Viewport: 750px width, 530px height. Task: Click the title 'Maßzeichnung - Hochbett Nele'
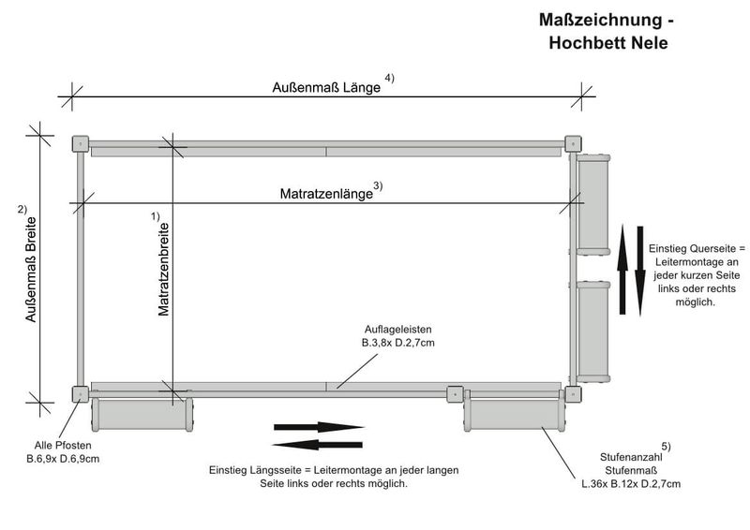[x=607, y=31]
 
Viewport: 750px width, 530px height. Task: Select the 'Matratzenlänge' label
[x=326, y=194]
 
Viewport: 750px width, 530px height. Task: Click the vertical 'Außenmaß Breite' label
[x=31, y=271]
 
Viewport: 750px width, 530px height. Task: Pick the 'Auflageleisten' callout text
[x=397, y=336]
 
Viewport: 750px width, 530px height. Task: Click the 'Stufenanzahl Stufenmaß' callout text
[x=630, y=468]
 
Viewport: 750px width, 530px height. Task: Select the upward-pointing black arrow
[x=622, y=271]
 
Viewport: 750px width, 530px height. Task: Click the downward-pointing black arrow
[x=640, y=271]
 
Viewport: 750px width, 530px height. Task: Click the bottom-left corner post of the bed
[x=81, y=394]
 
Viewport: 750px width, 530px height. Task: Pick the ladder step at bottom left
[x=142, y=413]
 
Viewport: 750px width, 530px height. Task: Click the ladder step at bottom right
[x=516, y=413]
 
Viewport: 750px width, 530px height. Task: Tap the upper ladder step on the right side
[x=592, y=205]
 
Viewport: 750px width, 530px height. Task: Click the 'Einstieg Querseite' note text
[x=695, y=275]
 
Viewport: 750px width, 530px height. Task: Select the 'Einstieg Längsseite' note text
[x=333, y=477]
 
